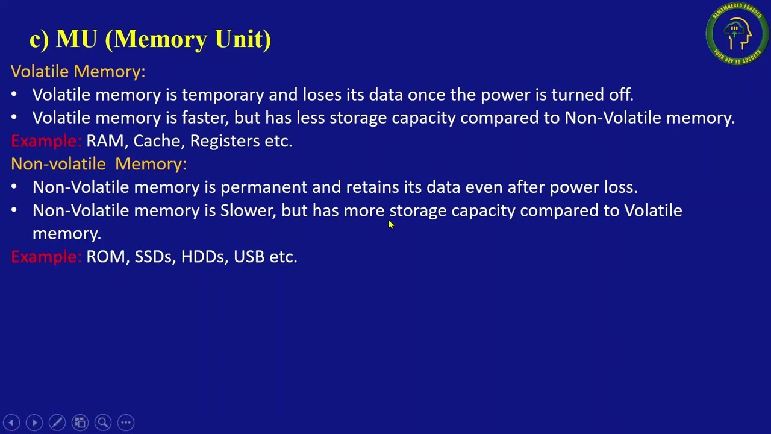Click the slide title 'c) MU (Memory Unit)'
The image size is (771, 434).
pos(150,39)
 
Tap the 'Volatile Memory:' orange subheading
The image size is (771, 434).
pos(78,71)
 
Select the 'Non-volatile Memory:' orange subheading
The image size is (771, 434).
pos(99,164)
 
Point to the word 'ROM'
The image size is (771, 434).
pos(106,257)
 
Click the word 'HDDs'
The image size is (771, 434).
pos(203,257)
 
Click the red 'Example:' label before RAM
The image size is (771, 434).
pos(46,141)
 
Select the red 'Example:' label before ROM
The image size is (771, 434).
pos(46,257)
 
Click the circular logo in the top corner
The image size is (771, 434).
pos(737,34)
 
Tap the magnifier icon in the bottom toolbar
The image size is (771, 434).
pos(102,423)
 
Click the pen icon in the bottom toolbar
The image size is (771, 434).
pos(57,423)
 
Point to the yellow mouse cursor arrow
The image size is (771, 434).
pos(390,225)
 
